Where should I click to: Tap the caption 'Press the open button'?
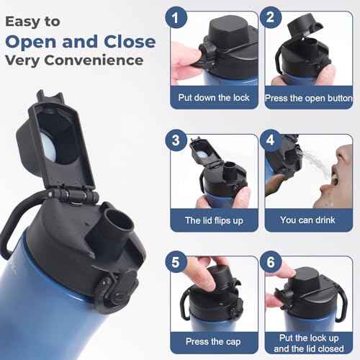[x=308, y=96]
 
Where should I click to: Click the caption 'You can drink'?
[x=308, y=220]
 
